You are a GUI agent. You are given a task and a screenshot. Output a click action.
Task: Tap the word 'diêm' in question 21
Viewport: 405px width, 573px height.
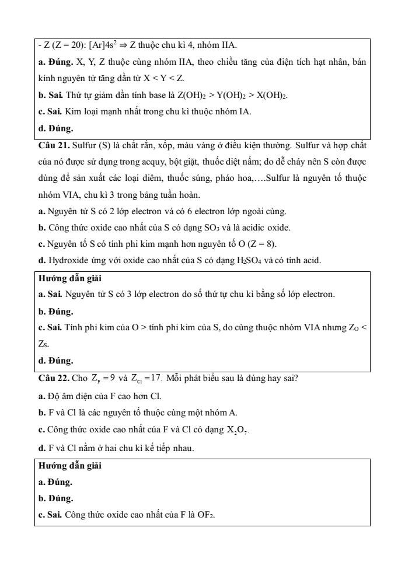[172, 174]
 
